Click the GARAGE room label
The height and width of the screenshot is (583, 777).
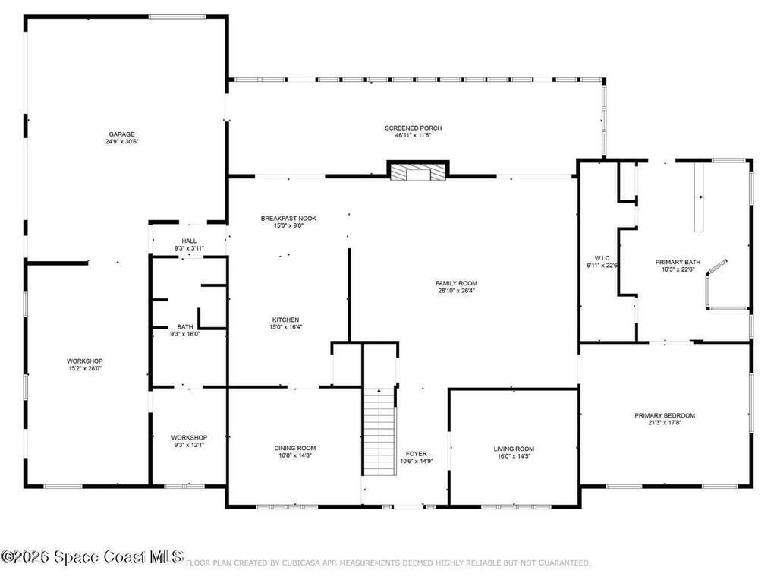121,134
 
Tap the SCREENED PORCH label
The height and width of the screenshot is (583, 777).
413,128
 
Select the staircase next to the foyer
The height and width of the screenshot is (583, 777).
379,431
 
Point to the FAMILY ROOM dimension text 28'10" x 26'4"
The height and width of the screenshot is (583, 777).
456,291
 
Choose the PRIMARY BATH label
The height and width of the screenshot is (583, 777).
677,262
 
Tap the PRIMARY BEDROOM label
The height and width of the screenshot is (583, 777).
665,415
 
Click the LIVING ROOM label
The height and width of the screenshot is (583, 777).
514,449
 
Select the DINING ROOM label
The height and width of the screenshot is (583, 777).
294,448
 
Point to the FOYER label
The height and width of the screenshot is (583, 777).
416,453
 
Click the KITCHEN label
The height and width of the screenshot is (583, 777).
285,320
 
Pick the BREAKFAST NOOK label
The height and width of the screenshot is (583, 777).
288,218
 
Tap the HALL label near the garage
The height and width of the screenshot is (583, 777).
188,241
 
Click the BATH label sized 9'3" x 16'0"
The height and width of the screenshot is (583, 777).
185,326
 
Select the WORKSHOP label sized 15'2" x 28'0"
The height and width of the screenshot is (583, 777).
84,361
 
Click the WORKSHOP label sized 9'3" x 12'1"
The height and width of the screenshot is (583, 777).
189,437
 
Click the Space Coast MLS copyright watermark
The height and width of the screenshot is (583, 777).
92,557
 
